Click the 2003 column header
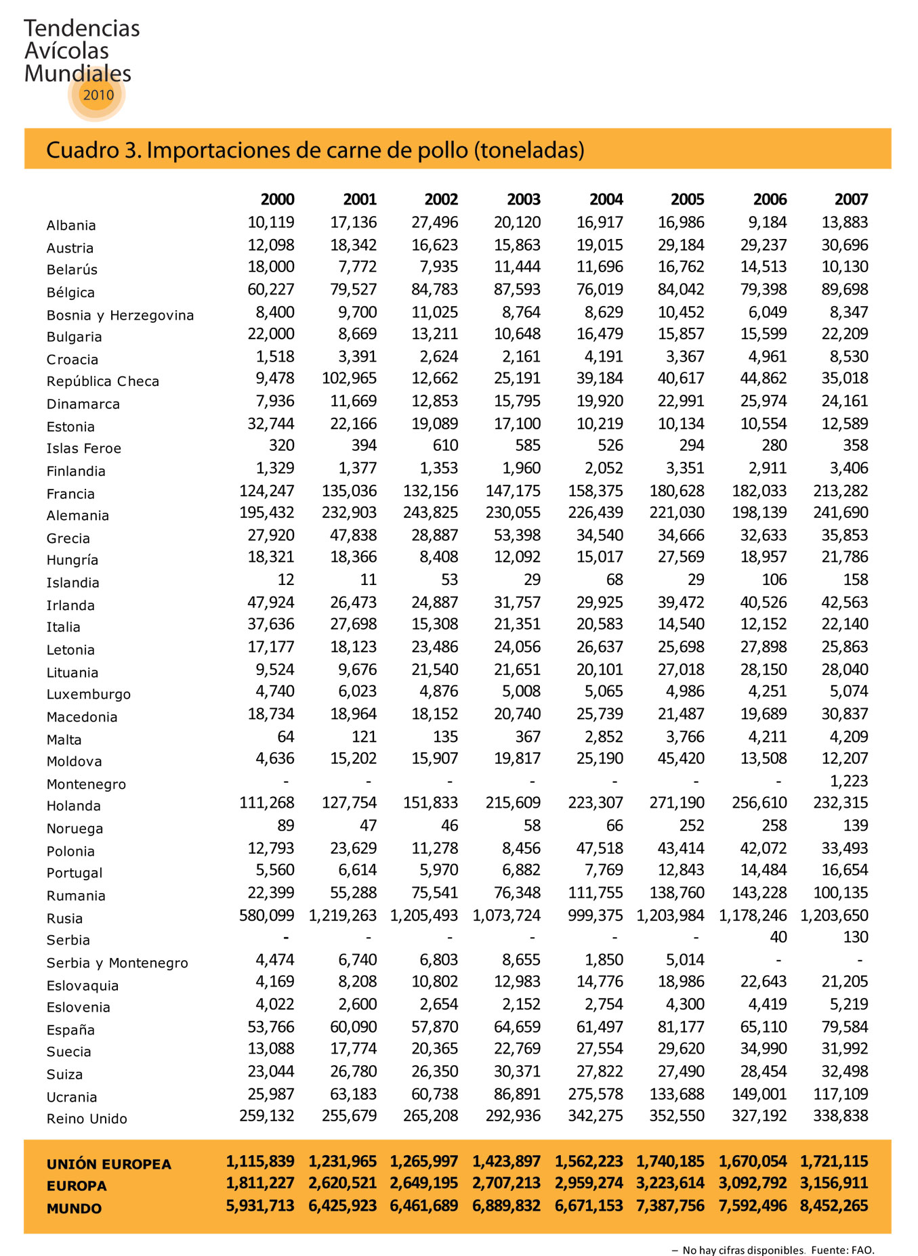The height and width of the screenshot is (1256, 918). pos(524,199)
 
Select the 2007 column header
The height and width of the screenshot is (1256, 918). pos(851,199)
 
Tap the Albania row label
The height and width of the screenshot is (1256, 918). pos(71,225)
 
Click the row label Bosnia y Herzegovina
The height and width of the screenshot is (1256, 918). pos(120,315)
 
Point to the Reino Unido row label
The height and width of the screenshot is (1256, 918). pos(87,1119)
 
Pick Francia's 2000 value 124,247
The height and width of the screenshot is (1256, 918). pos(267,490)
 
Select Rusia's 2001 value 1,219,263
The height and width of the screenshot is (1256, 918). pos(343,915)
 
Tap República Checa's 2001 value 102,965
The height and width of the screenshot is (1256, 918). pos(349,378)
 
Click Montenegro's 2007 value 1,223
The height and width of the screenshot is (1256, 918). pos(849,781)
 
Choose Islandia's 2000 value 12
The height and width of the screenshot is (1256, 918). pos(286,580)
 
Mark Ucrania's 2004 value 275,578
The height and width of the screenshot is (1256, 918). pos(595,1093)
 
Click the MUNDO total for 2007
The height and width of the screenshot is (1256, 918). pos(834,1205)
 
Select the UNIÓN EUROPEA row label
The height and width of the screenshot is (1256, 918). pos(108,1164)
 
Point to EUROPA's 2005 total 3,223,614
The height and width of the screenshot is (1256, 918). pos(670,1183)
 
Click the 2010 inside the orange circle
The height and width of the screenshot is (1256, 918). pos(98,95)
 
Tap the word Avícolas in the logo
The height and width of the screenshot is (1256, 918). pos(66,51)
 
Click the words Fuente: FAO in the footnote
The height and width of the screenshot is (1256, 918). pos(842,1250)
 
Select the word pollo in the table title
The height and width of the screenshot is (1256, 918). pos(446,150)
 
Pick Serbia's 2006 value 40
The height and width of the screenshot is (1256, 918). pos(778,937)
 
